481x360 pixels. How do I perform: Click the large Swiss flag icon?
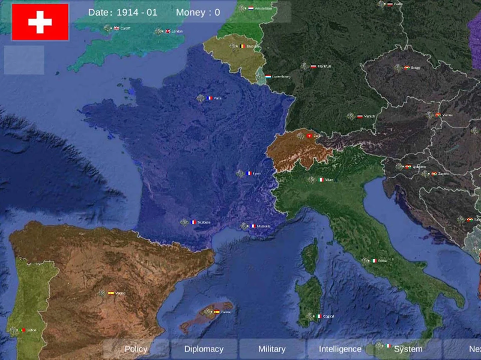pos(40,22)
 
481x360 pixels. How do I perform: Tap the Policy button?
pos(136,349)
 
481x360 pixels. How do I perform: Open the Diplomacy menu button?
pos(204,349)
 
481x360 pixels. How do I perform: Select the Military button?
pos(271,349)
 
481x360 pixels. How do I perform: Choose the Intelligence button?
pos(340,349)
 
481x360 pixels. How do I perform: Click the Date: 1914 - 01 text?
pos(123,12)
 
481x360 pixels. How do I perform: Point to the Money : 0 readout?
pos(198,12)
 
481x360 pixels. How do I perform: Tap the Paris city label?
pos(217,98)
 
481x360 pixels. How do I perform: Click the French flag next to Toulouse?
pos(193,222)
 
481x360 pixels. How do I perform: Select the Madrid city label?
pos(121,293)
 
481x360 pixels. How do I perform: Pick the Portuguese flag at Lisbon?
pos(23,330)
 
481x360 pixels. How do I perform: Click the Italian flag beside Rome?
pos(374,261)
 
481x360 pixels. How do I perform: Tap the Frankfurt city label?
pos(324,67)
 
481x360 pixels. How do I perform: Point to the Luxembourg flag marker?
pos(268,77)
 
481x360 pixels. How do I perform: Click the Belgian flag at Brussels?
pos(243,46)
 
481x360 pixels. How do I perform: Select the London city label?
pos(177,31)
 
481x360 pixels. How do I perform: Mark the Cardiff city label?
pos(125,28)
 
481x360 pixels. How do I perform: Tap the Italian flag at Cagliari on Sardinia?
pos(318,316)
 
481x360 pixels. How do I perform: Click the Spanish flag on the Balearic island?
pos(217,312)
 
